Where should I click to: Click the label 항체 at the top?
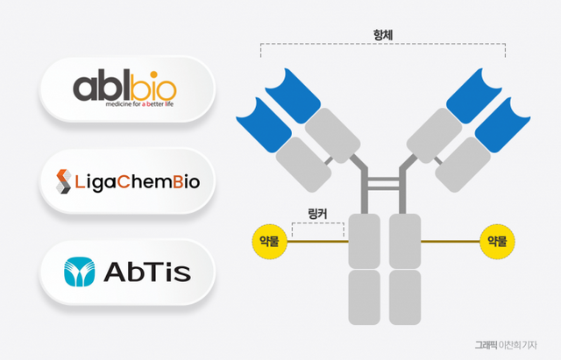point(383,36)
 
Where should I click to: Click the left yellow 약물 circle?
point(269,240)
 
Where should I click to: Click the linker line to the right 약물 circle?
point(451,240)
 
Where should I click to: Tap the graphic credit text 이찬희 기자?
point(524,346)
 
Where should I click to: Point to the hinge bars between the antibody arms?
point(384,183)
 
